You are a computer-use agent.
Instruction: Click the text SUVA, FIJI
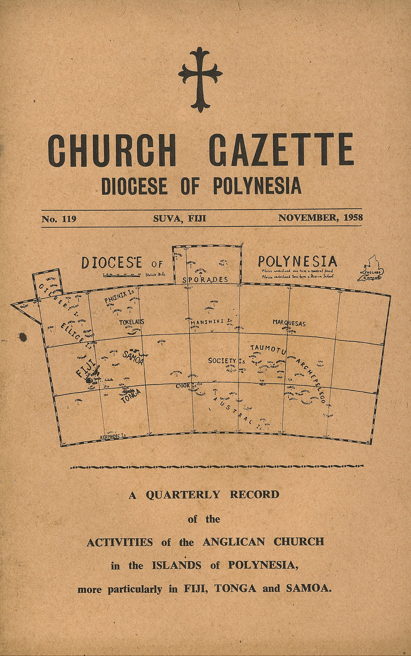180,218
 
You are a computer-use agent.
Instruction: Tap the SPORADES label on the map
205,279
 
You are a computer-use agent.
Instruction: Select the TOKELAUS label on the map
132,322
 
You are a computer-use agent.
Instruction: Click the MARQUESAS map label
289,323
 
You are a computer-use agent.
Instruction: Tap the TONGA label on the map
131,396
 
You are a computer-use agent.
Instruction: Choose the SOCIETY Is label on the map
226,361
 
